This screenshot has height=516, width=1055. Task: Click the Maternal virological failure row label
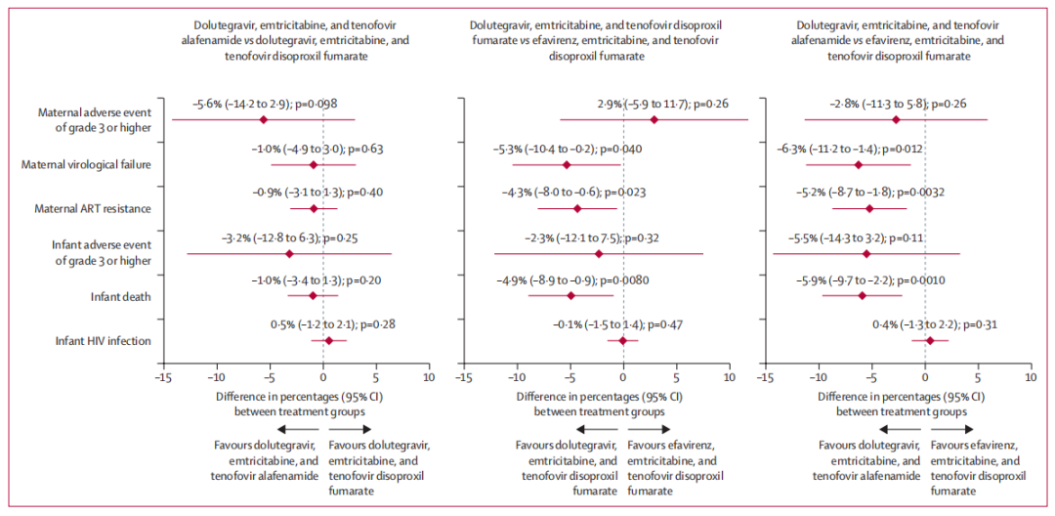(x=86, y=164)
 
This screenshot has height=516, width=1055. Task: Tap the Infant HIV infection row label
(x=104, y=340)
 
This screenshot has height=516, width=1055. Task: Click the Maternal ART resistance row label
(x=93, y=208)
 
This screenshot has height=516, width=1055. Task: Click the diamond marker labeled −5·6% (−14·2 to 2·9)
(x=263, y=119)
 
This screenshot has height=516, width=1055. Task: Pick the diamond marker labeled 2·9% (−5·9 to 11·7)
(x=654, y=119)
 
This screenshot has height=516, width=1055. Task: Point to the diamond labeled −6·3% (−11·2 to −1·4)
(x=859, y=164)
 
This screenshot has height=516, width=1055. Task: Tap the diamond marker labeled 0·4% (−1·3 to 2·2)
(x=929, y=340)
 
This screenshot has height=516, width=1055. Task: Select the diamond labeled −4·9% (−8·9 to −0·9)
(x=571, y=295)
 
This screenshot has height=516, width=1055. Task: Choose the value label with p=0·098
(x=265, y=104)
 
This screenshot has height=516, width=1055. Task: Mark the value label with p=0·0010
(x=862, y=280)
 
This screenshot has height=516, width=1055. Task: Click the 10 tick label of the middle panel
(x=729, y=376)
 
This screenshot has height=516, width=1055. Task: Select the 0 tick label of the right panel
(x=924, y=376)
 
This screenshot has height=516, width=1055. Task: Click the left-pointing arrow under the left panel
(x=296, y=429)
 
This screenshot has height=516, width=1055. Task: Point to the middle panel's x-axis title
(x=600, y=405)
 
